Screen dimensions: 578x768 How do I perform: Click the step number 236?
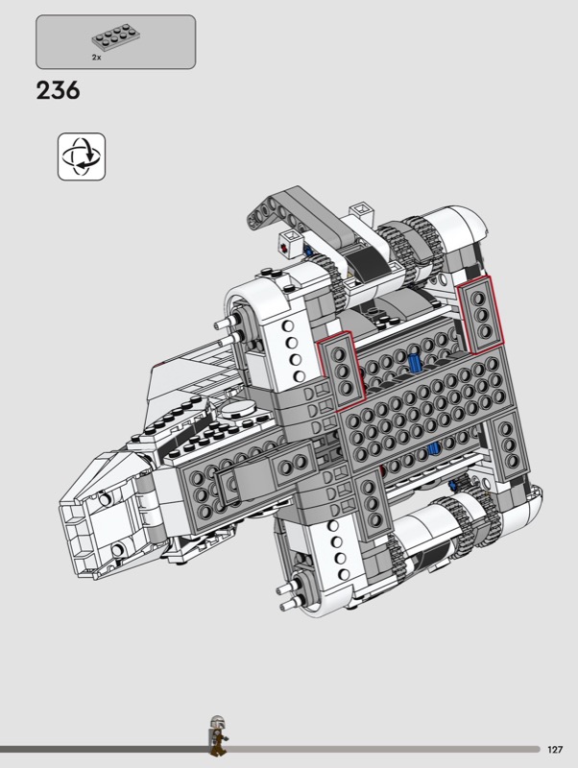58,90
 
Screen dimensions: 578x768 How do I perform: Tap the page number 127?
555,750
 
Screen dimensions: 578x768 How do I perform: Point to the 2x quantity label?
97,58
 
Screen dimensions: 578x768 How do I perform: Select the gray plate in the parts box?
116,38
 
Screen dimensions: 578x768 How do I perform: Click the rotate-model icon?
82,156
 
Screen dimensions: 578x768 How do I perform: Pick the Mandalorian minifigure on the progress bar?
218,735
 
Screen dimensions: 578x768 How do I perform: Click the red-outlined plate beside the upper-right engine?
480,314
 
